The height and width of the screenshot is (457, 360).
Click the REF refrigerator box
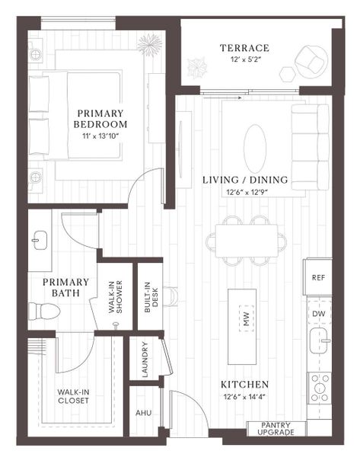(x=318, y=278)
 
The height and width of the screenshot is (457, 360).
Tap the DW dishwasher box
(x=318, y=313)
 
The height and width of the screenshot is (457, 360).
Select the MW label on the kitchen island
(x=246, y=321)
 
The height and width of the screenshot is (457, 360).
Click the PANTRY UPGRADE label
(x=277, y=428)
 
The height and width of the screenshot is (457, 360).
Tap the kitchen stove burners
(x=319, y=388)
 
